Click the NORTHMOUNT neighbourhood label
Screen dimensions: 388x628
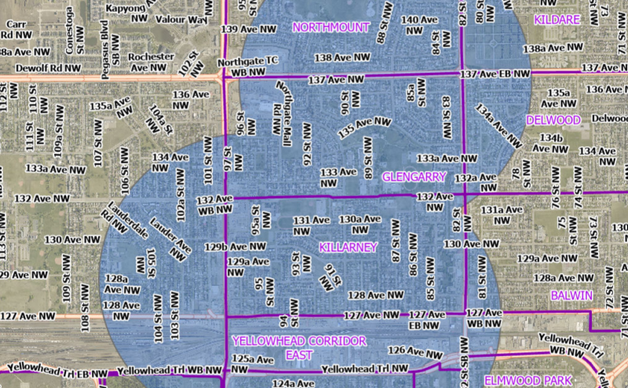[x=330, y=27]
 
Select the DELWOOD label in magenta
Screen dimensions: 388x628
[x=553, y=120]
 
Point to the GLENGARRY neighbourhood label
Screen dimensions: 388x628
[x=414, y=177]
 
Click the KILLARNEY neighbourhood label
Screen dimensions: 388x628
[x=349, y=247]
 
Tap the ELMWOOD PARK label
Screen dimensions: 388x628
[x=528, y=380]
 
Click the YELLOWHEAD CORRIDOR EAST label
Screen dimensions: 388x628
[x=299, y=348]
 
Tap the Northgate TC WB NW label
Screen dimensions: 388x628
[x=249, y=66]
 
